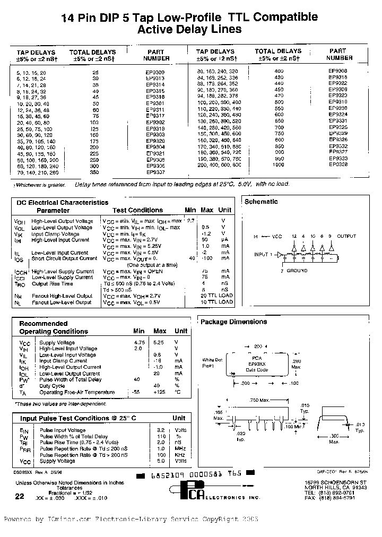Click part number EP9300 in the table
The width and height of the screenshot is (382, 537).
tap(155, 72)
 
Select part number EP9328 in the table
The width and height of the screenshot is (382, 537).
tap(338, 164)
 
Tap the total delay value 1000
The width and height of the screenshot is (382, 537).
tap(278, 164)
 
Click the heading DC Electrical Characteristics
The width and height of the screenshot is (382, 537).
tap(62, 203)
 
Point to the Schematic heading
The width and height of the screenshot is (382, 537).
tap(261, 202)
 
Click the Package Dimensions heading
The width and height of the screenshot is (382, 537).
tap(233, 322)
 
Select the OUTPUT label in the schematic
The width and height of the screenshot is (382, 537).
tap(347, 236)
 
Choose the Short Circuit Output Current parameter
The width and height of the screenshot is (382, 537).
tap(64, 258)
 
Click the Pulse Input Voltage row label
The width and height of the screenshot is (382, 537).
tap(63, 430)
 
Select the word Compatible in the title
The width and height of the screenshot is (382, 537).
tap(285, 17)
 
